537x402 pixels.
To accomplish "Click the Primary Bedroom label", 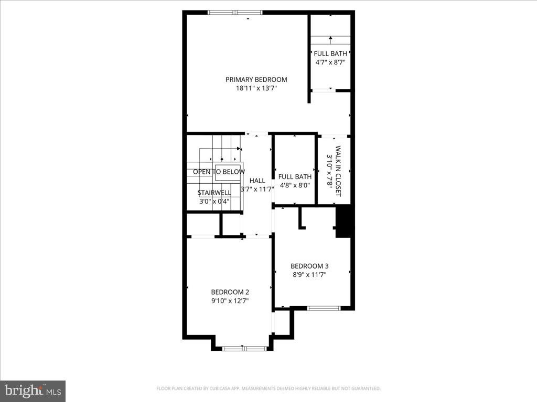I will point(256,80).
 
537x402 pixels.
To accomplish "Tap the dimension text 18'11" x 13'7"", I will point(256,88).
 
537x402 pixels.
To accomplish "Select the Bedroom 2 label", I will point(230,292).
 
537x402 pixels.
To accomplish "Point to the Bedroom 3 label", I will point(309,266).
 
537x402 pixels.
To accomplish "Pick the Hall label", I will point(257,181).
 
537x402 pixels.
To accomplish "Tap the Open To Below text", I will point(219,172).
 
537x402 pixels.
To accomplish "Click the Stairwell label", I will point(214,193).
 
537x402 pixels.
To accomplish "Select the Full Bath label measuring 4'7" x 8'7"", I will point(330,53).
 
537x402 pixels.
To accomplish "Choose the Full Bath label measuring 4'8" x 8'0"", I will point(295,177).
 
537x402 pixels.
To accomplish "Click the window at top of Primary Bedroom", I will point(234,13).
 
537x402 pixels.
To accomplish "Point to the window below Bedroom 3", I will point(324,308).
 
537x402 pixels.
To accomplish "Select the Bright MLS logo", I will point(33,390).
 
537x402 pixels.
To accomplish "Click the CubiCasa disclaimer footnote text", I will point(268,388).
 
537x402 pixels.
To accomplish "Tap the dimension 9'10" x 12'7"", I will point(230,301).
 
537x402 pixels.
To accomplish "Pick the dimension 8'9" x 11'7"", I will point(309,274).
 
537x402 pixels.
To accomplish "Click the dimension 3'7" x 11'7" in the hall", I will point(257,189).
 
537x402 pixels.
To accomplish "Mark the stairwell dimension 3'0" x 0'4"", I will point(214,201).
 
